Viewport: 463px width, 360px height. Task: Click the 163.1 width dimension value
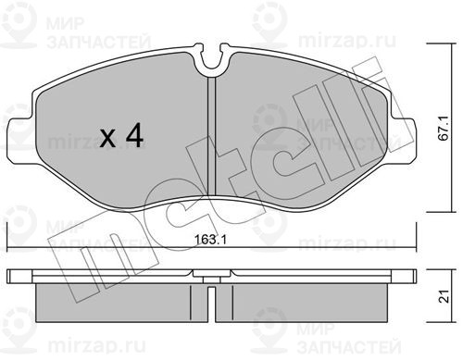(x=210, y=240)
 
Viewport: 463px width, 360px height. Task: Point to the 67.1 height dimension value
(x=444, y=129)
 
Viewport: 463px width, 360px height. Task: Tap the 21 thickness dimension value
(x=444, y=296)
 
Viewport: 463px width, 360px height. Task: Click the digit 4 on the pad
(x=134, y=135)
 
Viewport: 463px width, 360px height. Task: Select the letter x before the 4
(x=107, y=138)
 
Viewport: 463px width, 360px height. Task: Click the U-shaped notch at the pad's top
(x=213, y=60)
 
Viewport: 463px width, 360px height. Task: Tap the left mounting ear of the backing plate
(x=19, y=142)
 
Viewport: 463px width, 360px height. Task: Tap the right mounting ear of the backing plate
(x=404, y=141)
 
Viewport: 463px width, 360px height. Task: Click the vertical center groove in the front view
(x=212, y=136)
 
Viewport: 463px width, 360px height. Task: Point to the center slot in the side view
(x=212, y=304)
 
